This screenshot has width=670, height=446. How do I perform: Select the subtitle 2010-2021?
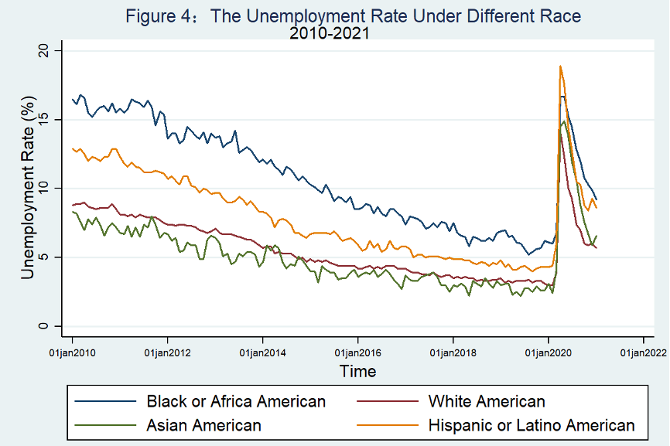pos(329,33)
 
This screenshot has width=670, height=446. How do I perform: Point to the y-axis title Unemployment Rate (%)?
pos(28,187)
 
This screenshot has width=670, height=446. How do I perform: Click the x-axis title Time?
pos(358,371)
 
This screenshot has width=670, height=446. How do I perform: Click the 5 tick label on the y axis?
pos(48,257)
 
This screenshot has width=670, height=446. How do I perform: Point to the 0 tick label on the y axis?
pos(48,325)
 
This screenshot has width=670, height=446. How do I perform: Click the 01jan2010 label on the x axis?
pos(73,352)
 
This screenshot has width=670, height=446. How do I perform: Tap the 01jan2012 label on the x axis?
pos(168,352)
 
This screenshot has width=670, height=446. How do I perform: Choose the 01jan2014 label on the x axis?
pos(263,352)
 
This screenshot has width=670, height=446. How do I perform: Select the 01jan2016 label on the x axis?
pos(358,352)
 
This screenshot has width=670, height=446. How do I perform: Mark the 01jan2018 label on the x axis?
pos(453,352)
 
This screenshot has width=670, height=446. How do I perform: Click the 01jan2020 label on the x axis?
pos(549,352)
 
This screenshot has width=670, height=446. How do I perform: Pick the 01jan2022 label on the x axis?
pos(644,352)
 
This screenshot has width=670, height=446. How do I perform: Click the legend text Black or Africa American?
pos(236,401)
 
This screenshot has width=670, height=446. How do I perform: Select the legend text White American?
pos(486,401)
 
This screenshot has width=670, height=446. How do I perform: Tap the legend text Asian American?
pos(203,425)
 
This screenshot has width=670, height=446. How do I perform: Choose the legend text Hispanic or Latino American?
pos(531,425)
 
